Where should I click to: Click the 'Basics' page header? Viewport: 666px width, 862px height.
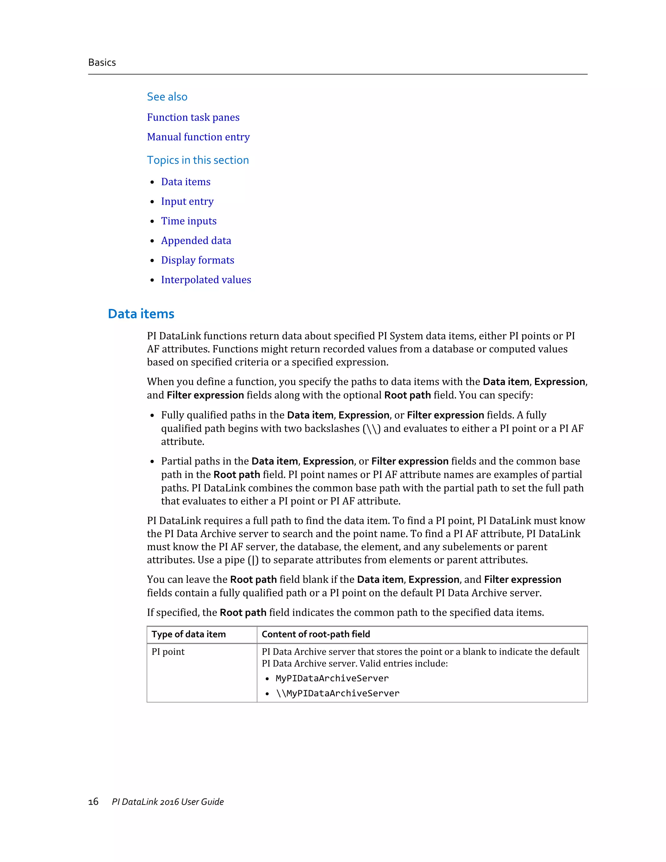pos(102,62)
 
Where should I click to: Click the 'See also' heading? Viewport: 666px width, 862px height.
pos(167,97)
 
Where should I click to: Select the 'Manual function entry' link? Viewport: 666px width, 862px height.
pos(198,137)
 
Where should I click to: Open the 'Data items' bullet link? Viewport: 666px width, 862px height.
pos(185,182)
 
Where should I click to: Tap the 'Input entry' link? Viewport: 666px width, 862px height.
pos(187,201)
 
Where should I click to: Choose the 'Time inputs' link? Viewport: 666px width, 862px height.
pos(189,221)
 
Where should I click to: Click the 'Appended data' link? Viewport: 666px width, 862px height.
pos(196,240)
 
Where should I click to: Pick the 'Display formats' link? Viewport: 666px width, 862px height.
pos(197,260)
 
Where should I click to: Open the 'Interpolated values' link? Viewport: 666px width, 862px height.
pos(206,279)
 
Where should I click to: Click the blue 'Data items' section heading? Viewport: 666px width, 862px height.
pos(141,314)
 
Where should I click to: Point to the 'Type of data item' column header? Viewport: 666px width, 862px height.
pos(189,634)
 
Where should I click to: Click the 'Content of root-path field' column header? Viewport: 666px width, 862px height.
pos(316,634)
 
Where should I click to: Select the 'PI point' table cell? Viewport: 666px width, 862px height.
pos(168,652)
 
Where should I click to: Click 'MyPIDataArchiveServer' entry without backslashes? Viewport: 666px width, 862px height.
pos(332,678)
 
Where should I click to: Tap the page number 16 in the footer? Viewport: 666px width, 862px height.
pos(93,801)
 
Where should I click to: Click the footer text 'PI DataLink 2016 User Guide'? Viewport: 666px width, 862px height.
pos(168,801)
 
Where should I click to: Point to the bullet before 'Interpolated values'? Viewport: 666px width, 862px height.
pos(152,280)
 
